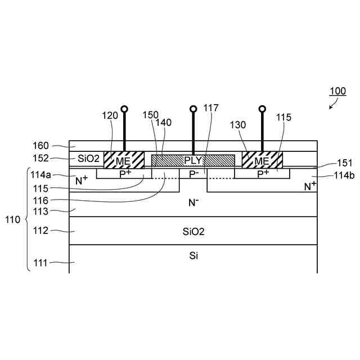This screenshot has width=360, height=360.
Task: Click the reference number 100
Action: pos(337,91)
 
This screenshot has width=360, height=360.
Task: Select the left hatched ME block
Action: pos(124,160)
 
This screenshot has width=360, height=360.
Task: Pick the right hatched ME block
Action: pos(262,160)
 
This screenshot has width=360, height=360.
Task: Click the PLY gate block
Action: pos(193,160)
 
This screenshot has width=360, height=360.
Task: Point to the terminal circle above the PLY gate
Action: pos(193,108)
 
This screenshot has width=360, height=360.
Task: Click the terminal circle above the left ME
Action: pos(124,108)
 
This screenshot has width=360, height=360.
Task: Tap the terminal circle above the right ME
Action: pos(262,108)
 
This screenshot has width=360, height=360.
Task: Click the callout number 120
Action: pos(110,115)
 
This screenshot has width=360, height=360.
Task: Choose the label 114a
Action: pos(44,175)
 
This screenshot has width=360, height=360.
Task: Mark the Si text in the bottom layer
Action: pos(193,255)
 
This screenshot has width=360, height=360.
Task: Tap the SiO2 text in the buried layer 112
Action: pos(193,231)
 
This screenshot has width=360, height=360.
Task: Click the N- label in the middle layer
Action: pos(193,202)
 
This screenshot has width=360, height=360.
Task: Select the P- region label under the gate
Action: pos(193,174)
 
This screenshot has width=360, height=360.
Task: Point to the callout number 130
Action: pos(237,127)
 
